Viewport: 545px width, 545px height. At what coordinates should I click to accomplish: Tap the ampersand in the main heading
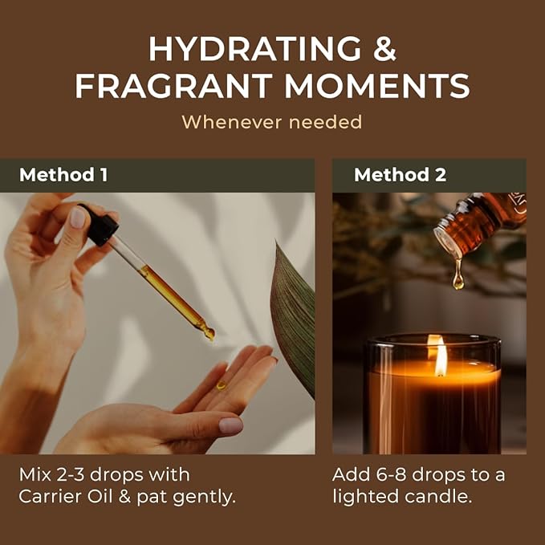point(380,50)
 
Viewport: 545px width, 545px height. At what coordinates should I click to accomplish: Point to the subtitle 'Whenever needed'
point(271,122)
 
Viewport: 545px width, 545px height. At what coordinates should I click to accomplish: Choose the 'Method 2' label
point(400,175)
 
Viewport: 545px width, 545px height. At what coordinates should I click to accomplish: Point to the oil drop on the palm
point(222,384)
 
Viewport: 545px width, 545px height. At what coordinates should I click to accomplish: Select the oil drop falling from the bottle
point(458,277)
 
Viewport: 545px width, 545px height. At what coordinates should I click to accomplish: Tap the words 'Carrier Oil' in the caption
point(65,497)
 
